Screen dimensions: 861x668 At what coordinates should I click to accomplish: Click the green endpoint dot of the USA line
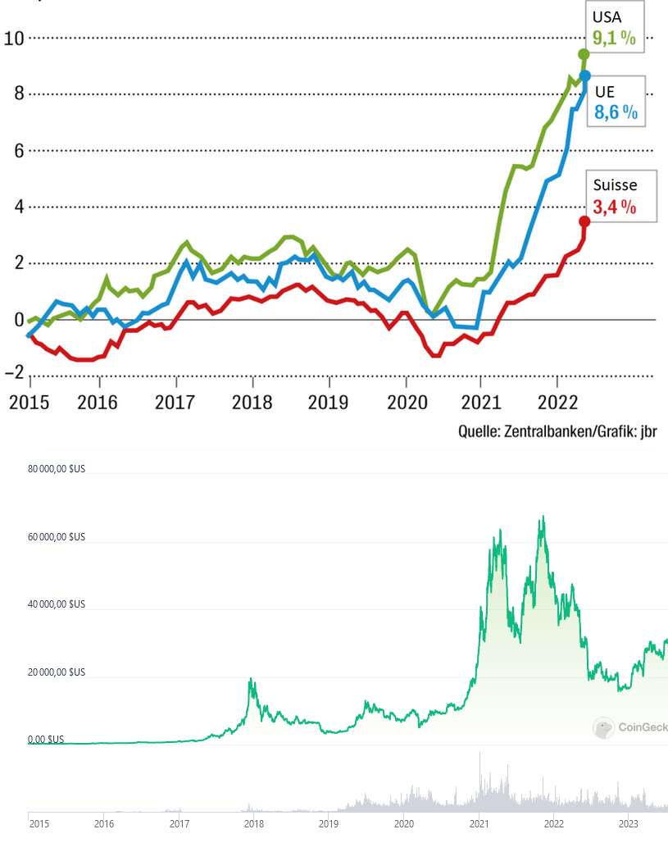(584, 54)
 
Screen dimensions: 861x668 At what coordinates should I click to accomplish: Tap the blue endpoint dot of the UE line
(584, 75)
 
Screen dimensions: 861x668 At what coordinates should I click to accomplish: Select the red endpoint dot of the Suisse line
(584, 221)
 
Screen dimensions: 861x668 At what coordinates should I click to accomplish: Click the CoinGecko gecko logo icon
(604, 727)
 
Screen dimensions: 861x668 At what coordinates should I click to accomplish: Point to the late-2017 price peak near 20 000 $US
(251, 679)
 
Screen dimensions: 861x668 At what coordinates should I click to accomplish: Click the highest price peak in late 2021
(543, 517)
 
